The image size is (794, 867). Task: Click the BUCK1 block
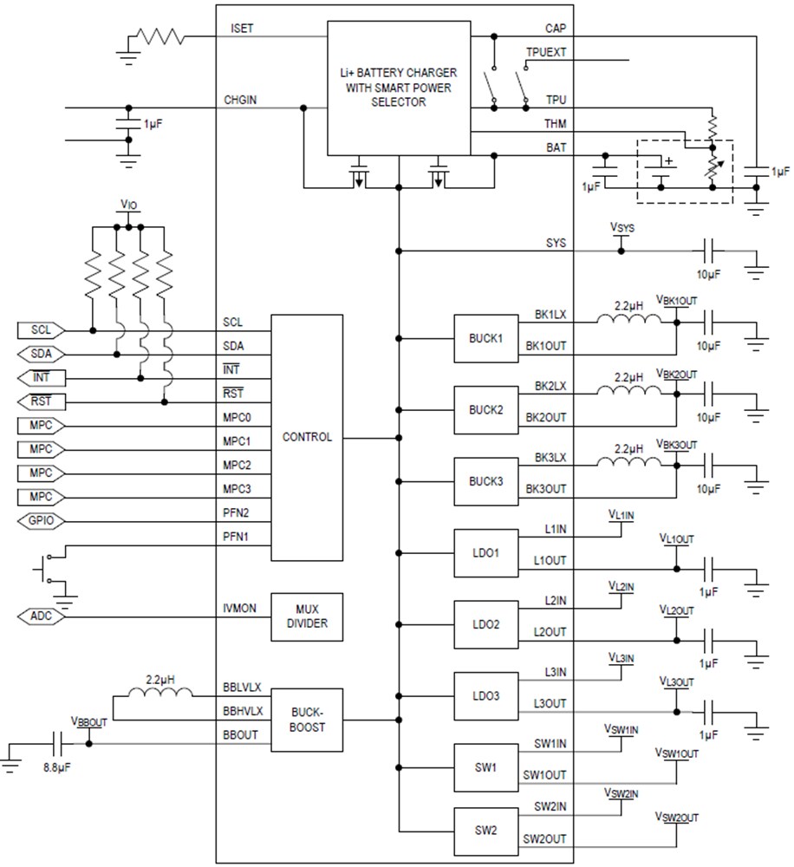tap(485, 337)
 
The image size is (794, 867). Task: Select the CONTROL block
tap(307, 437)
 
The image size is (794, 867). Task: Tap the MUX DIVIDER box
tap(307, 616)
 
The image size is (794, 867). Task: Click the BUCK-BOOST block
tap(307, 720)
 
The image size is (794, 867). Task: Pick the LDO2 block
tap(485, 624)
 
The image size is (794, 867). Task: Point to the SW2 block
tap(485, 830)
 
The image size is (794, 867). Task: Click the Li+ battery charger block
tap(398, 89)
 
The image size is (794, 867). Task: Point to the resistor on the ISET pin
tap(159, 36)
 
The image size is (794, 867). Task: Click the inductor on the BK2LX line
tap(629, 391)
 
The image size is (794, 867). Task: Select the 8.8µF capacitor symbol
tap(58, 743)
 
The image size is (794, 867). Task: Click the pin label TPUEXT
tap(545, 52)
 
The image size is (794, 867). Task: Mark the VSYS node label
tap(622, 228)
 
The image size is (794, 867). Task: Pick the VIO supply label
tap(127, 206)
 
